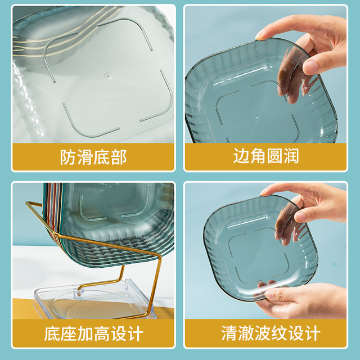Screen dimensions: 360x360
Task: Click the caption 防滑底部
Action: [x=93, y=157]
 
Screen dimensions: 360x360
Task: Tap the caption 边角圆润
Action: [x=266, y=156]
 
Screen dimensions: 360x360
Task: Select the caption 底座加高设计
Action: [x=94, y=334]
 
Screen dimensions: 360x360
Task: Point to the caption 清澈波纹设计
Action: [x=271, y=333]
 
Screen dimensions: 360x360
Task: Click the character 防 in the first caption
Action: [x=68, y=157]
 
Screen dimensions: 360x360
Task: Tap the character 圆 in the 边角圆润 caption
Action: [x=274, y=156]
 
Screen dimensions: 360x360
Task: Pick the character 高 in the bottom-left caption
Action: [x=102, y=334]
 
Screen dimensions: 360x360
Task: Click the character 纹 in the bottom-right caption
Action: [x=279, y=333]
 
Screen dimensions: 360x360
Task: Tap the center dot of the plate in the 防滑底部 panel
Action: [x=108, y=75]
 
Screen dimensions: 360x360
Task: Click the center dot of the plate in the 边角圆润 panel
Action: [x=257, y=119]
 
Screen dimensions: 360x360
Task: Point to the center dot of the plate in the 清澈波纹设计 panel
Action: [x=258, y=255]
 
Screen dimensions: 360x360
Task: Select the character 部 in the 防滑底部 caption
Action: [x=119, y=157]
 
